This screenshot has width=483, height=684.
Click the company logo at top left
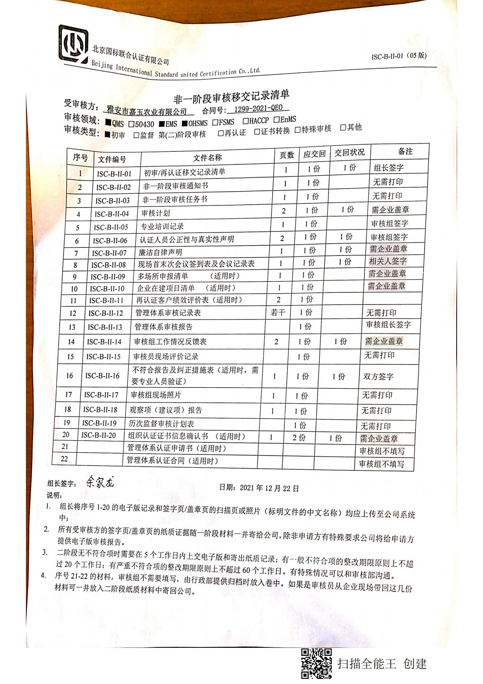click(73, 44)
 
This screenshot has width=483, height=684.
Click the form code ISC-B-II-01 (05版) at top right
click(399, 56)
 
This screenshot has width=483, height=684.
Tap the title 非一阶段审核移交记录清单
click(231, 97)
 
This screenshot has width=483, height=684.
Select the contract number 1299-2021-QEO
click(258, 109)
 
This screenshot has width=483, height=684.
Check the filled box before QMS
click(108, 122)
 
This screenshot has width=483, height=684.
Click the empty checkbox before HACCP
click(246, 121)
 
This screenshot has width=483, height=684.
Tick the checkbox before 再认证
click(220, 133)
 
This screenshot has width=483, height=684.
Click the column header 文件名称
click(207, 158)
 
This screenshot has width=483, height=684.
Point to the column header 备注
click(405, 151)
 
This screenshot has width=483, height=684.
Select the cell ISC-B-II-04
click(112, 214)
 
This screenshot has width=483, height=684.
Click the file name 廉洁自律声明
click(160, 252)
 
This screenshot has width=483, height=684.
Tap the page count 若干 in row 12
click(278, 312)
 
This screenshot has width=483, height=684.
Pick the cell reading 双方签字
click(378, 377)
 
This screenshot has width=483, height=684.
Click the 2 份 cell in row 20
click(299, 438)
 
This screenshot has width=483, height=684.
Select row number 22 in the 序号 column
click(64, 459)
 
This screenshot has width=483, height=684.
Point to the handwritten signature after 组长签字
click(100, 482)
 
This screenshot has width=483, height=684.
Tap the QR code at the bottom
click(316, 664)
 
